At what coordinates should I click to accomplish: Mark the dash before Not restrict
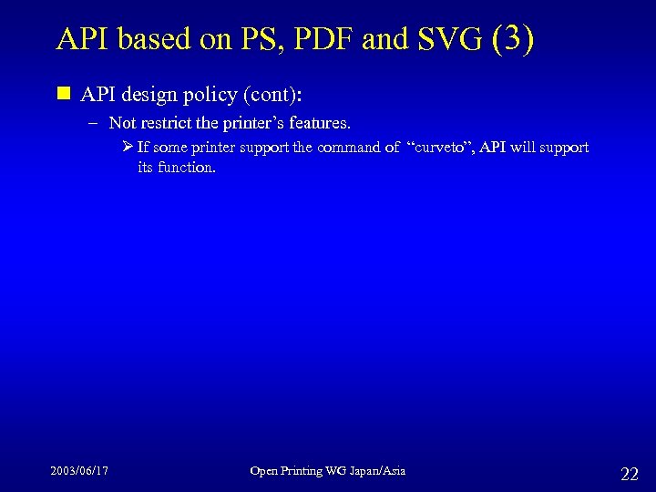pos(96,122)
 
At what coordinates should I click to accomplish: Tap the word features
pos(318,122)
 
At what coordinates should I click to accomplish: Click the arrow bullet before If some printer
pos(128,147)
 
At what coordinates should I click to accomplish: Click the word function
pos(190,168)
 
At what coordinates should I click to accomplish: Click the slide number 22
pos(629,473)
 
